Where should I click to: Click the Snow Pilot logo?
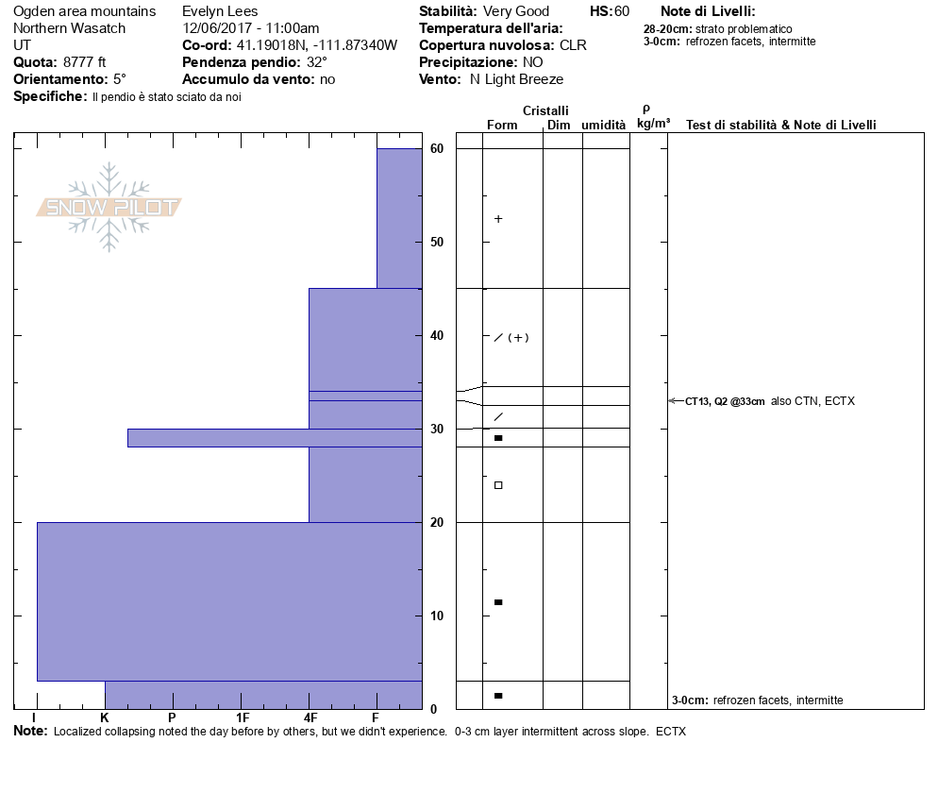click(109, 207)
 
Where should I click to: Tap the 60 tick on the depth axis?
click(437, 148)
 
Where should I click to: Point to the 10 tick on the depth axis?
click(437, 616)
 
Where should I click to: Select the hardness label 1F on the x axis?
click(243, 717)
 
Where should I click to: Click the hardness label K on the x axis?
click(105, 717)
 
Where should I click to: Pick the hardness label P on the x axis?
click(172, 717)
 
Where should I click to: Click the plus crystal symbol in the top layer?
click(498, 219)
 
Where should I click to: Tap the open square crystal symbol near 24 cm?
click(498, 485)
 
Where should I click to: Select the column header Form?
click(502, 125)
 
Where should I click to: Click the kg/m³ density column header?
click(653, 124)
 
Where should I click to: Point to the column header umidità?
click(604, 125)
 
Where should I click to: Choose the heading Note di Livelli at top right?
click(708, 12)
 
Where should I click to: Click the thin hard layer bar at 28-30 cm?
click(274, 438)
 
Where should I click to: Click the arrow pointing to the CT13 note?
click(676, 401)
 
